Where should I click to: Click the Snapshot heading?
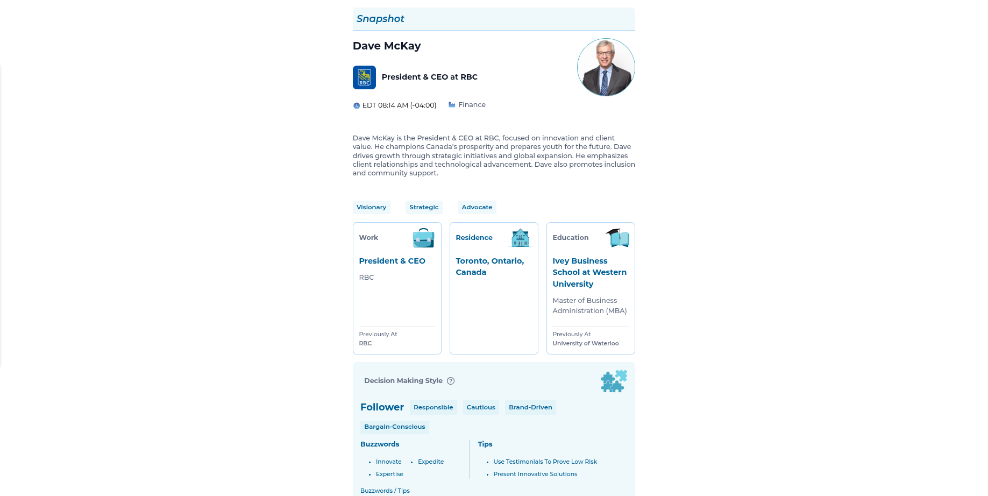click(380, 19)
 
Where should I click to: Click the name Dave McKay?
click(387, 46)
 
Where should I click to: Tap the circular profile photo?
click(606, 67)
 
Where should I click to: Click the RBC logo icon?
click(364, 77)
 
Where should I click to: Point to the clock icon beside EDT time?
click(356, 106)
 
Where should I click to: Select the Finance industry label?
click(472, 105)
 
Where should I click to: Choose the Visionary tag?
click(371, 208)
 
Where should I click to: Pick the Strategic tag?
click(424, 208)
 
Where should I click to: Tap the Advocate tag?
click(477, 208)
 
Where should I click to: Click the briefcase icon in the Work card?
click(423, 238)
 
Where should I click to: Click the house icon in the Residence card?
click(520, 238)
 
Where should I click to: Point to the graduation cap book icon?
click(617, 237)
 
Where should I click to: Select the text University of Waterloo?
click(585, 344)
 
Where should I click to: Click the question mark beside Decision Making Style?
click(451, 381)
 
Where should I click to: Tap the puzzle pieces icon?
click(614, 381)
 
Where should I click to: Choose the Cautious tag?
click(481, 408)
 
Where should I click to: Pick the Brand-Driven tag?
click(530, 408)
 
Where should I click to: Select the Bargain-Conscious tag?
click(394, 427)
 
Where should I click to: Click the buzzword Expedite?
click(431, 462)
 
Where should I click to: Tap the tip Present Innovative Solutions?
click(535, 474)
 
